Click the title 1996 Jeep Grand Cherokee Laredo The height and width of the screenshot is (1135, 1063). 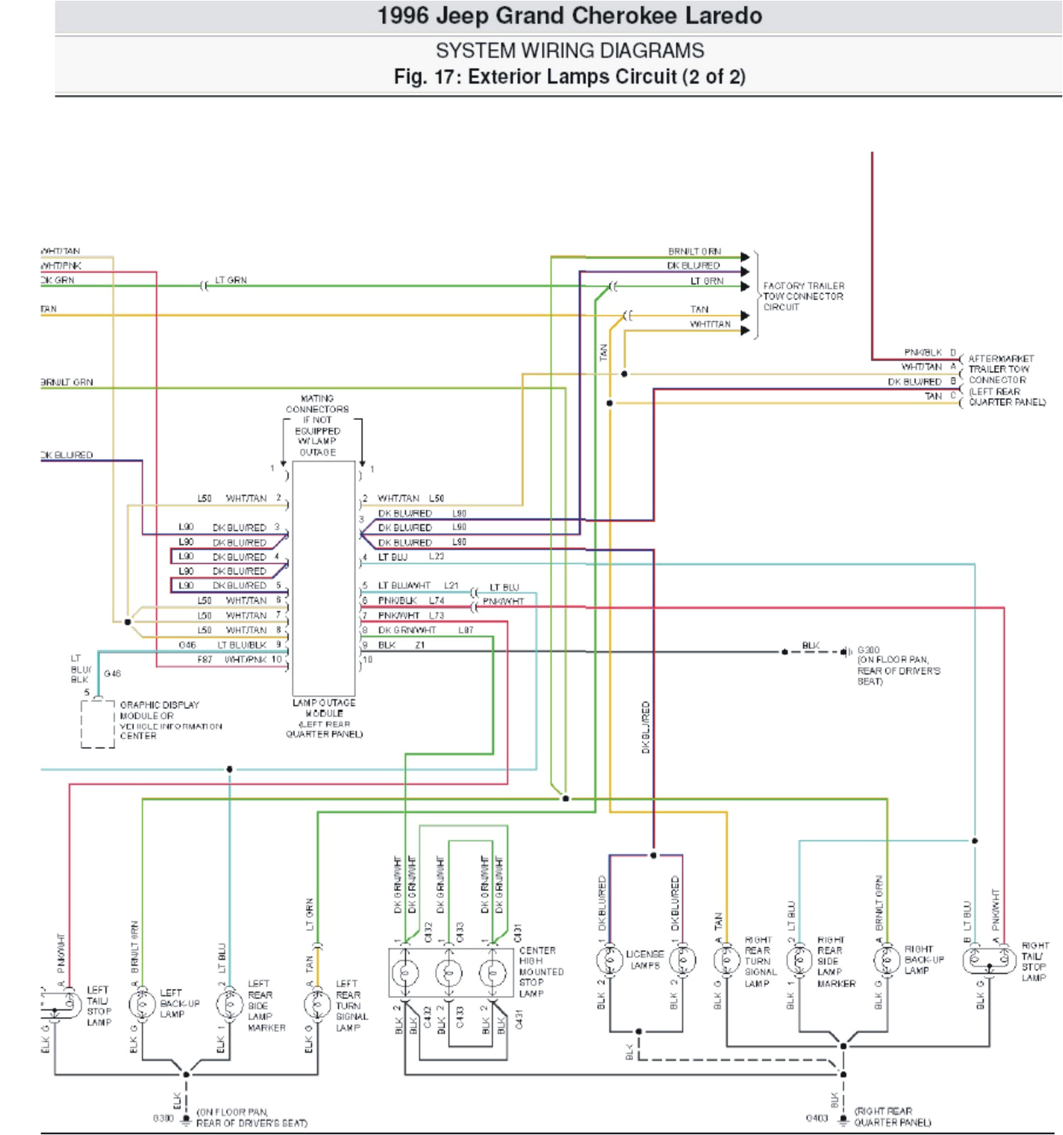point(569,16)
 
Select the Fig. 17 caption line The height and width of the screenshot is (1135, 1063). point(569,77)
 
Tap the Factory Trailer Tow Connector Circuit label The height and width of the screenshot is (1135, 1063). point(803,297)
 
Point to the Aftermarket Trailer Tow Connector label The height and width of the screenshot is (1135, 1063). point(1006,380)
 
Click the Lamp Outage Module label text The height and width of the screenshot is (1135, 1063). point(324,718)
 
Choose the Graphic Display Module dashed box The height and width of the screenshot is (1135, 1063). point(97,724)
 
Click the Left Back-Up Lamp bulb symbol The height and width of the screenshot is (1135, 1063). point(142,1004)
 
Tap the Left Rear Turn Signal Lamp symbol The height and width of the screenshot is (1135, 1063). point(317,1004)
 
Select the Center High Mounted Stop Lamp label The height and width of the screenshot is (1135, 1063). point(541,972)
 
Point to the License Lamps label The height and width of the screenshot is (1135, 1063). point(645,960)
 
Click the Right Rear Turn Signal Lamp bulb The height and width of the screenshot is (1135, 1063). point(727,961)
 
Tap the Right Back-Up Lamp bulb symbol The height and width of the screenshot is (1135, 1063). point(887,961)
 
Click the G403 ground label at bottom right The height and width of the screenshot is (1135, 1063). point(817,1118)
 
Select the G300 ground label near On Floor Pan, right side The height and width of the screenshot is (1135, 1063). point(868,650)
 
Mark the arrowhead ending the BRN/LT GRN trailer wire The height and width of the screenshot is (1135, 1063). point(745,257)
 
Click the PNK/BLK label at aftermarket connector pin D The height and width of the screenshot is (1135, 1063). point(923,353)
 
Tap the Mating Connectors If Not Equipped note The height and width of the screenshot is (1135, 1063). point(317,426)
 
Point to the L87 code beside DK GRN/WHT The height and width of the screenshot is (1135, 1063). point(465,630)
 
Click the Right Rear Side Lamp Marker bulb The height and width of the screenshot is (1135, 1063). point(799,961)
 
